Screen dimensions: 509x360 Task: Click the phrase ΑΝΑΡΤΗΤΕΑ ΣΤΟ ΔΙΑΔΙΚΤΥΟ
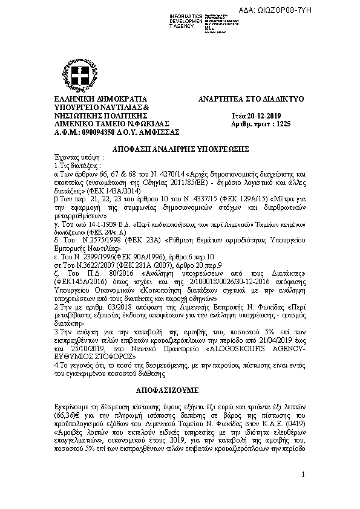coord(250,98)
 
